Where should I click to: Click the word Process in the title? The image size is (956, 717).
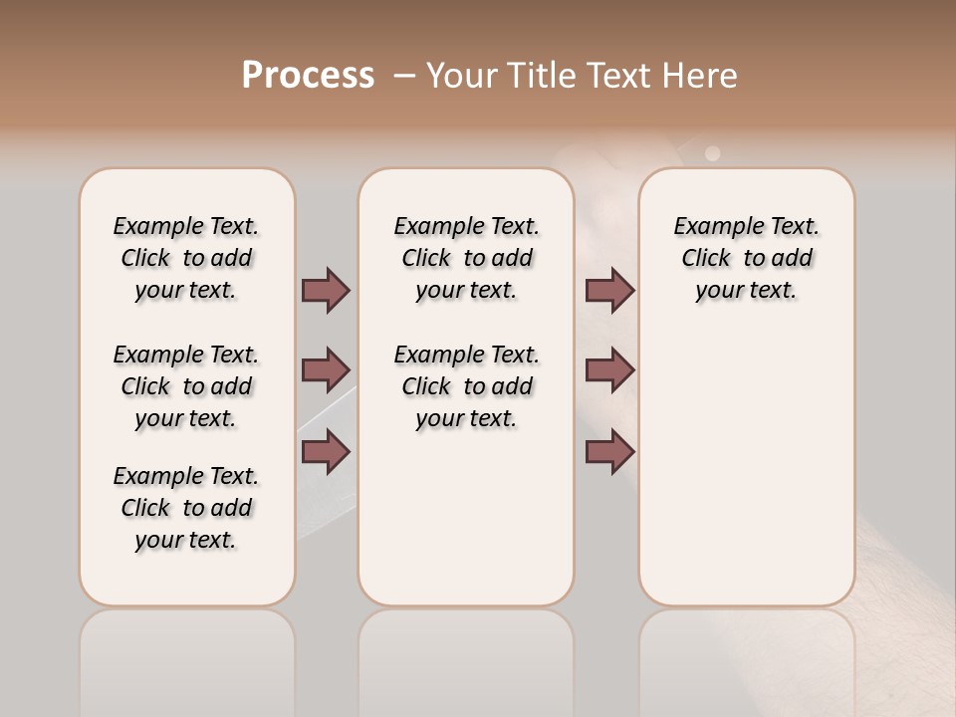(308, 76)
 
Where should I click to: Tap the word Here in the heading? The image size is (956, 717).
(701, 76)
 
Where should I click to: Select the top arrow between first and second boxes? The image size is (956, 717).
(326, 290)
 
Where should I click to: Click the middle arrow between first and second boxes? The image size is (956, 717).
(326, 370)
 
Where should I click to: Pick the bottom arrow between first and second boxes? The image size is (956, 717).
(326, 452)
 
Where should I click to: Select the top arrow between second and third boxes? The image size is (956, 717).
(609, 290)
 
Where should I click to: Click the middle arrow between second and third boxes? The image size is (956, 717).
(609, 370)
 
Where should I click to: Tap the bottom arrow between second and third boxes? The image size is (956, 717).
(609, 452)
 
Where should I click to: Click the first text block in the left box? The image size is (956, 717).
(186, 258)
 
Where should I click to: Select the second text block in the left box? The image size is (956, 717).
(186, 386)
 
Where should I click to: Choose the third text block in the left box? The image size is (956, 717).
(186, 508)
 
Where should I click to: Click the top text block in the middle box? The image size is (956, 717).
(466, 258)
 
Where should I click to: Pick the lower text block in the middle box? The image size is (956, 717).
(466, 386)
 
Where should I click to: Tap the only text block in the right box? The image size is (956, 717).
(747, 258)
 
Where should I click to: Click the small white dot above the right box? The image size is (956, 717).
(712, 153)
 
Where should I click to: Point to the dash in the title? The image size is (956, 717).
(404, 76)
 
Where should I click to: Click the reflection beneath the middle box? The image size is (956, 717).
(466, 657)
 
